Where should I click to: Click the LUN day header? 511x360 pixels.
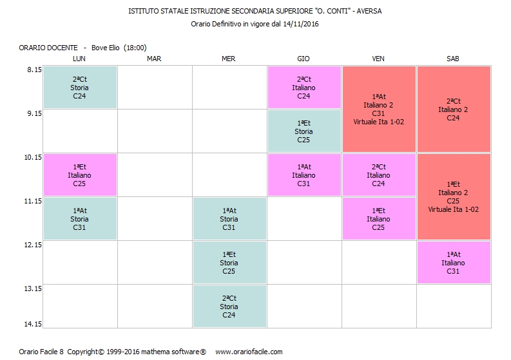coord(79,59)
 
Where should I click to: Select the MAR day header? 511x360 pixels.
coord(154,59)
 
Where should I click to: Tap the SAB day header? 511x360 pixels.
coord(453,59)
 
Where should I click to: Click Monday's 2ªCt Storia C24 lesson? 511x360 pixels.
coord(79,88)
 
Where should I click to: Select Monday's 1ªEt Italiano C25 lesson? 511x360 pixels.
coord(79,175)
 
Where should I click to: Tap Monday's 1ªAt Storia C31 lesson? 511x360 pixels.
coord(79,219)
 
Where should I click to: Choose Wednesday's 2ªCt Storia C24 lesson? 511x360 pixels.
coord(229,307)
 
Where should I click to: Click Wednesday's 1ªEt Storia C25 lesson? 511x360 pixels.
coord(229,263)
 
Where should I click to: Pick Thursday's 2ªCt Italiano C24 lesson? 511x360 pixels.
coord(304,88)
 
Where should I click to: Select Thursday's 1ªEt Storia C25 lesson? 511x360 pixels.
coord(304,131)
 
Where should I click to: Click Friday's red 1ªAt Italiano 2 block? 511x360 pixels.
coord(379,109)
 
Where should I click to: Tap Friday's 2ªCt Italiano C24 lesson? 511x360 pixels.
coord(379,175)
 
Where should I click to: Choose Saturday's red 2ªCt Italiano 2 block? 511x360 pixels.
coord(453,109)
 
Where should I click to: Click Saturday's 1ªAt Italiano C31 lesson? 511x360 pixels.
coord(453,263)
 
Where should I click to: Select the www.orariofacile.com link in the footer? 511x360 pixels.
coord(249,352)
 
